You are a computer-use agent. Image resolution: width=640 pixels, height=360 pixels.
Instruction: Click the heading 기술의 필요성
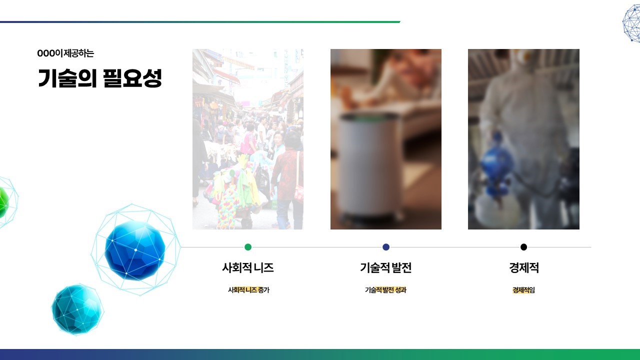tap(100, 78)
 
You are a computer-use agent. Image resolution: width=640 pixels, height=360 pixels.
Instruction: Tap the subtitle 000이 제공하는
tap(65, 53)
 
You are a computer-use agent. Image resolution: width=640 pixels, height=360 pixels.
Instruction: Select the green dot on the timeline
tap(248, 247)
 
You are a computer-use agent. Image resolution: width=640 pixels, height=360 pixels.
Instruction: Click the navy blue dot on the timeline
tap(386, 247)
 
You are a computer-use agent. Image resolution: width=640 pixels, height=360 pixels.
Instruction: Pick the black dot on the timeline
tap(523, 247)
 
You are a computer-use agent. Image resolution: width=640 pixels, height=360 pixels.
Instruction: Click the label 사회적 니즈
tap(248, 267)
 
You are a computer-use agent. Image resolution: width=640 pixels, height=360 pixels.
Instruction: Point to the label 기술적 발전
tap(385, 267)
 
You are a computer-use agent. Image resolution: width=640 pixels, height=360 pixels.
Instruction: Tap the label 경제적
tap(523, 267)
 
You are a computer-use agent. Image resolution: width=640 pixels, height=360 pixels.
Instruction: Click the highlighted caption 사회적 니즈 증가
tap(248, 290)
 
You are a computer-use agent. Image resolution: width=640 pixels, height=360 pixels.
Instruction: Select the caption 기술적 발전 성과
tap(385, 290)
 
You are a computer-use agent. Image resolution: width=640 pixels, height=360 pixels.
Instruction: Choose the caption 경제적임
tap(523, 290)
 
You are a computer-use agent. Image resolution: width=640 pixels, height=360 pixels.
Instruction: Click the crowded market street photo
tap(247, 139)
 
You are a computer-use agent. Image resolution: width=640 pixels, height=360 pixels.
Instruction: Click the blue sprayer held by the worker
tap(496, 165)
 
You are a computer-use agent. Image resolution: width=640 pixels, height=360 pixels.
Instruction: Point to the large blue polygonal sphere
tap(135, 250)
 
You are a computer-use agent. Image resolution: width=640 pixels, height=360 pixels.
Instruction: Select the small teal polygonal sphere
tap(77, 309)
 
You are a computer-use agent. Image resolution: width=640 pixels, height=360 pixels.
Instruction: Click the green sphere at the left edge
tap(3, 202)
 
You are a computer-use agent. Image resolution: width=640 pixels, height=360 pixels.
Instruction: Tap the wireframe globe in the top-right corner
tap(632, 23)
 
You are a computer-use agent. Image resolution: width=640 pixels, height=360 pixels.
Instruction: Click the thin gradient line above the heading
tap(200, 22)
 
